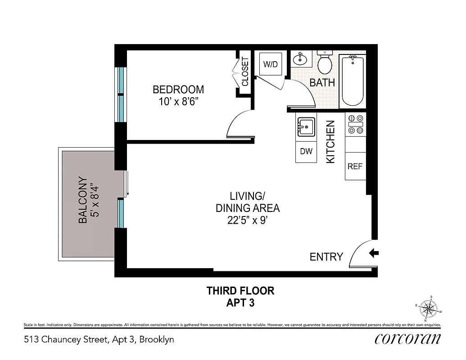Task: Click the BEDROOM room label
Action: (178, 89)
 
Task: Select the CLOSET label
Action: (245, 72)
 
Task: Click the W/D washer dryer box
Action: (270, 64)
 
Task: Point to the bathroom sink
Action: (300, 59)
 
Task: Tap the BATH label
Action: (322, 82)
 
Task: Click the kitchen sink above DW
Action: (306, 127)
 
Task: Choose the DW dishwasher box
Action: (306, 152)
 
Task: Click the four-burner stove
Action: (356, 124)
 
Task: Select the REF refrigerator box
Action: (355, 166)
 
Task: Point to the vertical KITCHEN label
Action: (330, 142)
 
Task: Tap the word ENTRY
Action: (326, 257)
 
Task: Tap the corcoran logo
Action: (407, 339)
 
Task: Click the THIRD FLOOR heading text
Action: (240, 291)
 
